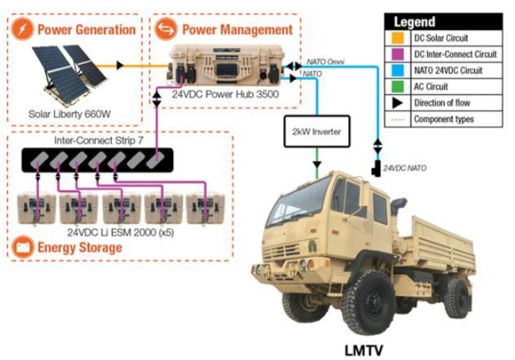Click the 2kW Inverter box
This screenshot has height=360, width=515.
[x=317, y=131]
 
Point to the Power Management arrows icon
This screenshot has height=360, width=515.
[x=167, y=31]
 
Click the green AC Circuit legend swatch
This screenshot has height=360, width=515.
[x=397, y=87]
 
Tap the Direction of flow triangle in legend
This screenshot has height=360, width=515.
[x=397, y=103]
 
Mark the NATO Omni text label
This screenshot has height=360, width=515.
[x=328, y=60]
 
